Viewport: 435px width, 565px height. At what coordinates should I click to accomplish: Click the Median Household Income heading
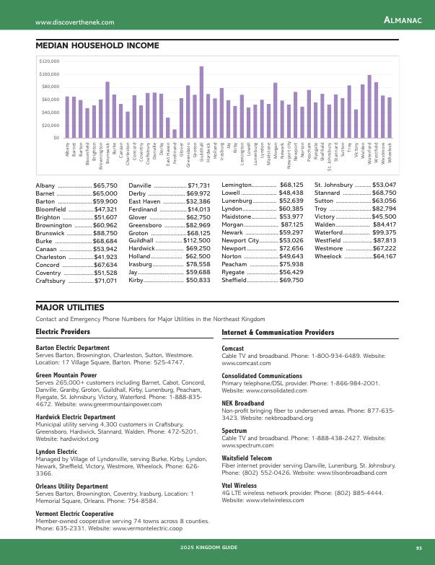(97, 45)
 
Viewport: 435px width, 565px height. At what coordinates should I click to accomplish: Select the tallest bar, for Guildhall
(201, 102)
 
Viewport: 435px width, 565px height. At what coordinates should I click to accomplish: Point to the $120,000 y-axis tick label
(50, 61)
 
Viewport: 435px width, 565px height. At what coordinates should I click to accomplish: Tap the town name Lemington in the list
(238, 185)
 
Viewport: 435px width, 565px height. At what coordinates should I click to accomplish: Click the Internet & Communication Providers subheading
(278, 333)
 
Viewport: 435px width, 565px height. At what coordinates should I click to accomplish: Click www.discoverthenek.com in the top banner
(75, 23)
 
